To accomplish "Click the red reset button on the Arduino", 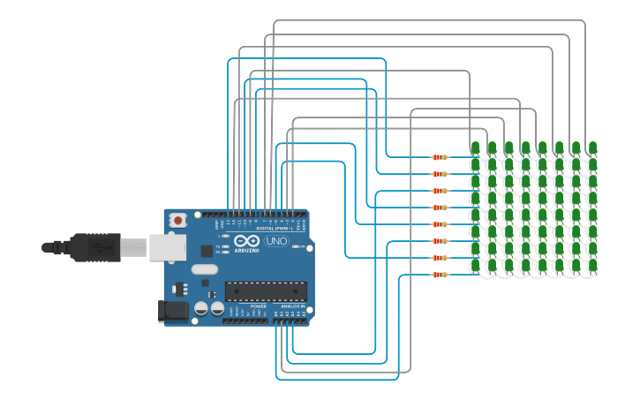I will pos(177,219).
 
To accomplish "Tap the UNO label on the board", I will pos(277,241).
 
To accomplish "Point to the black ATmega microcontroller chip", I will pos(266,291).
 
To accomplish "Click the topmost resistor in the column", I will pos(439,157).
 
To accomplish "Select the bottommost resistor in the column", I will pos(439,275).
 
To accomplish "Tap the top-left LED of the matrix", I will pos(475,147).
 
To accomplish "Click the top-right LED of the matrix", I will pos(592,147).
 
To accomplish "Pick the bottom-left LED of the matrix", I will pos(475,265).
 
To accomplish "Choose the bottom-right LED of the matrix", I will pos(592,265).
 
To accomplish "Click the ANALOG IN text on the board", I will pos(290,306).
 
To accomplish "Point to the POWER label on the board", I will pos(258,306).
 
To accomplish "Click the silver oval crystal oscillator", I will pos(203,270).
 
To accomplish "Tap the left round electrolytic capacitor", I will pos(201,308).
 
